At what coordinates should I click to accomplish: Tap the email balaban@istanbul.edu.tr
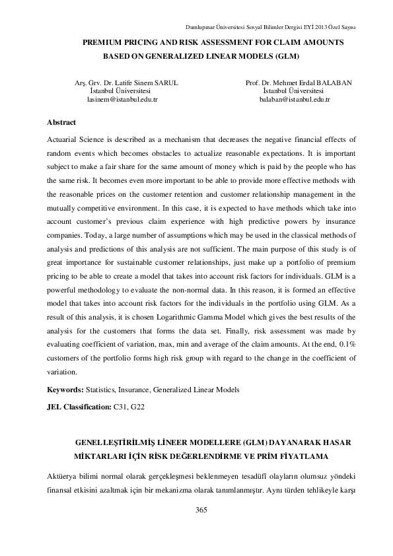click(295, 99)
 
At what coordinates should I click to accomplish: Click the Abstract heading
click(61, 122)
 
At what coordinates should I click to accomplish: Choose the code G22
click(137, 407)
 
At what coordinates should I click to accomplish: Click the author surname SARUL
click(165, 83)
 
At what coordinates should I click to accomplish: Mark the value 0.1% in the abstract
click(347, 359)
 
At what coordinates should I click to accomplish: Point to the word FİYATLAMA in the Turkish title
click(301, 456)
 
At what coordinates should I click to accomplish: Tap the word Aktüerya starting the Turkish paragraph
click(63, 476)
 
